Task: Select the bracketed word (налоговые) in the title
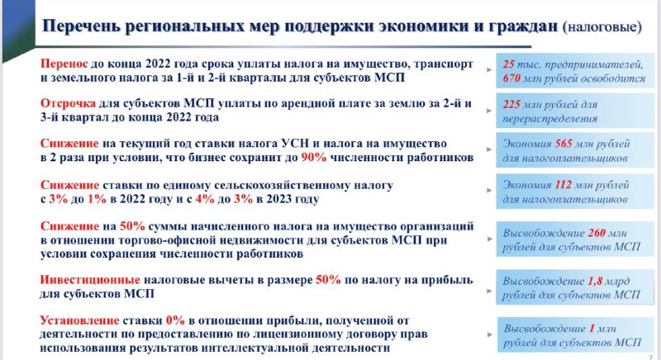click(x=602, y=26)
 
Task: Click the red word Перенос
click(x=64, y=64)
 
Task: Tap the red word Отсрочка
click(x=68, y=103)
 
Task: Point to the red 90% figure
click(x=314, y=158)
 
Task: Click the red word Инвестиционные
click(x=90, y=280)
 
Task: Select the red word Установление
click(x=79, y=320)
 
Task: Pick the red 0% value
click(x=175, y=320)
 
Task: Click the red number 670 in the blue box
click(x=511, y=78)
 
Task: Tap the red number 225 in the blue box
click(x=511, y=104)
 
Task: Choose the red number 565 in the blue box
click(x=564, y=144)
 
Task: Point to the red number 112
click(x=564, y=185)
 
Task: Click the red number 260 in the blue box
click(x=597, y=233)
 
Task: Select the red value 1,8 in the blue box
click(x=595, y=281)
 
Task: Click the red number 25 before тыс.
click(x=508, y=64)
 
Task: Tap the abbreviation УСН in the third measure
click(x=295, y=144)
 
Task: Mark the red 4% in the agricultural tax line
click(x=205, y=199)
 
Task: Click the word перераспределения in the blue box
click(x=549, y=119)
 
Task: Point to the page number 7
click(x=650, y=357)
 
